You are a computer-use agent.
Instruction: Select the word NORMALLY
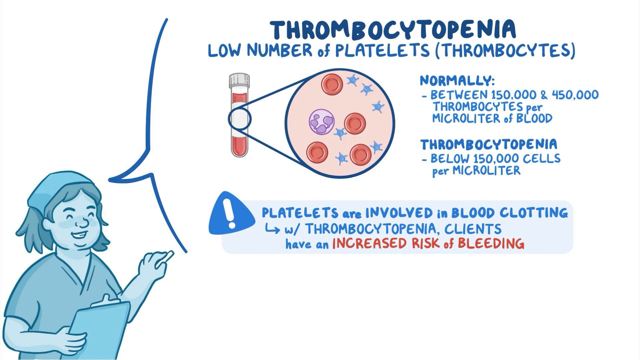click(457, 81)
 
